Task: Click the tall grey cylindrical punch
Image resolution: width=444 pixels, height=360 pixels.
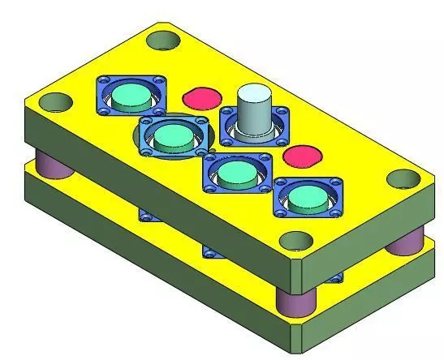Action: point(255,114)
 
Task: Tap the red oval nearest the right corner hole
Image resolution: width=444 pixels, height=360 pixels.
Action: point(299,156)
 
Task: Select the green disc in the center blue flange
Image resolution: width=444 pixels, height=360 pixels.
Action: point(236,172)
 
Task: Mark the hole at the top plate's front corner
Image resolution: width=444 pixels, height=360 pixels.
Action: point(296,241)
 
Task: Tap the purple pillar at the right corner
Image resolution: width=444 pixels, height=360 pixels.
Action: point(403,242)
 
